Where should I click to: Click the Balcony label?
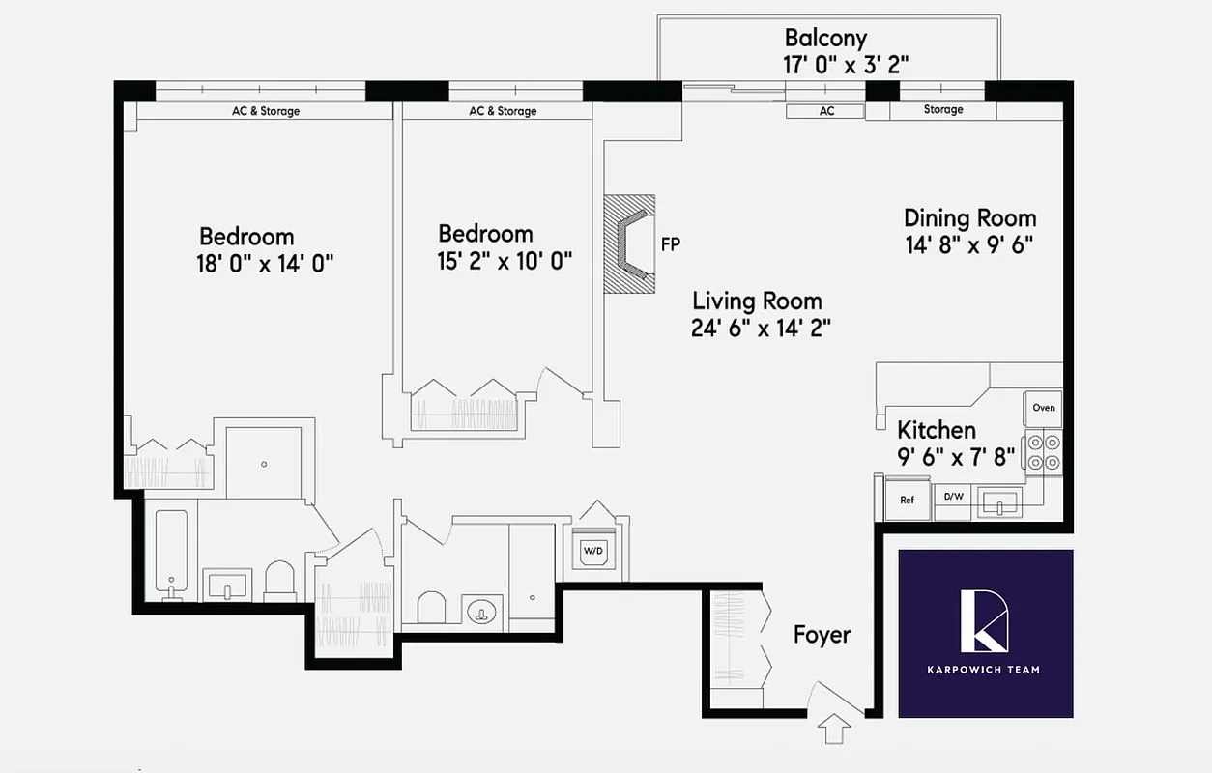tap(825, 39)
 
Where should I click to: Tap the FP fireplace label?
tap(670, 244)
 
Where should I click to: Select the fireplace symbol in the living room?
tap(629, 244)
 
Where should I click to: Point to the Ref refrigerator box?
tap(907, 500)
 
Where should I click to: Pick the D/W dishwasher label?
tap(954, 498)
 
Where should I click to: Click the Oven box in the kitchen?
tap(1043, 408)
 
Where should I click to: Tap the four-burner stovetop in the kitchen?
tap(1043, 452)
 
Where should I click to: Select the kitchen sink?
tap(998, 502)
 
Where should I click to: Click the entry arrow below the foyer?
tap(833, 728)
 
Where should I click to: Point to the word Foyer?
tap(822, 635)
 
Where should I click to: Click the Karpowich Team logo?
tap(985, 634)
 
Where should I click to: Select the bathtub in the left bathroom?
tap(171, 554)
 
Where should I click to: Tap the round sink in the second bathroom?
tap(479, 611)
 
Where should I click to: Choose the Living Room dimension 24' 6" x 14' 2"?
tap(762, 328)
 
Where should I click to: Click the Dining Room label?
tap(969, 217)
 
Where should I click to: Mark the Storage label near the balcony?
tap(942, 110)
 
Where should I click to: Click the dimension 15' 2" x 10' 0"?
tap(505, 261)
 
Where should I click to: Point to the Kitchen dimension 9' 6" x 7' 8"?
tap(956, 456)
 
